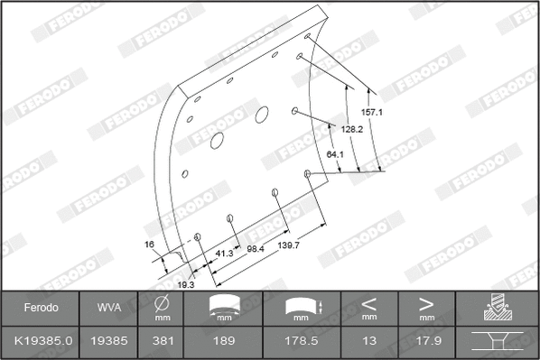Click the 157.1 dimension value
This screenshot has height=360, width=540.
[x=373, y=113]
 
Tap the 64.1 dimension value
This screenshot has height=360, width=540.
[x=335, y=155]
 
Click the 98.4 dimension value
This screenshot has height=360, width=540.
[x=255, y=248]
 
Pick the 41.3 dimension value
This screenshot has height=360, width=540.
[x=225, y=254]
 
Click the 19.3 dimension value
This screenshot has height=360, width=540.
[x=185, y=284]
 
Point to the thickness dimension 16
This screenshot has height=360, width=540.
[x=149, y=245]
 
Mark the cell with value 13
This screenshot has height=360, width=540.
[x=368, y=341]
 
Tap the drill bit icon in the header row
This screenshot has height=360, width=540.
[x=498, y=308]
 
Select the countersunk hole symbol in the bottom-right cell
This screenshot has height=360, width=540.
[x=498, y=342]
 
